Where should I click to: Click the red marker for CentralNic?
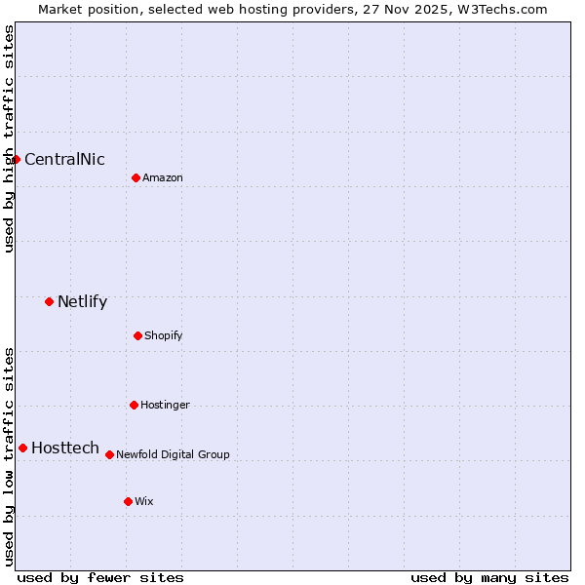(17, 159)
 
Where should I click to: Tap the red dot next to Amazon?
(136, 177)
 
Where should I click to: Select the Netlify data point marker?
(49, 301)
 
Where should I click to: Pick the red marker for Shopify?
(137, 335)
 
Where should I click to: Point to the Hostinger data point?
(134, 405)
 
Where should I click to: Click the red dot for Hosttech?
(22, 448)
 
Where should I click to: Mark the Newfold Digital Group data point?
(109, 454)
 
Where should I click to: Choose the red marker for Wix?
(128, 501)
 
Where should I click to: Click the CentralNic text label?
(64, 160)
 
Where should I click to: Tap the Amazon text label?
(163, 177)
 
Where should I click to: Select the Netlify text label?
(82, 302)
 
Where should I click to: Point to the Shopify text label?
(163, 335)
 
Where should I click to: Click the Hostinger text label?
(165, 405)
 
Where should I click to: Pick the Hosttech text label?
(65, 448)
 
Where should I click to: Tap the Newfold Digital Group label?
(173, 454)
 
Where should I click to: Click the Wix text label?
(144, 501)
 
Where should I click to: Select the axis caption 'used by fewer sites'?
(100, 577)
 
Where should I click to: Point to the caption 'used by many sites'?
(489, 577)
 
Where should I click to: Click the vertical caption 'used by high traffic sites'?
(9, 138)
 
